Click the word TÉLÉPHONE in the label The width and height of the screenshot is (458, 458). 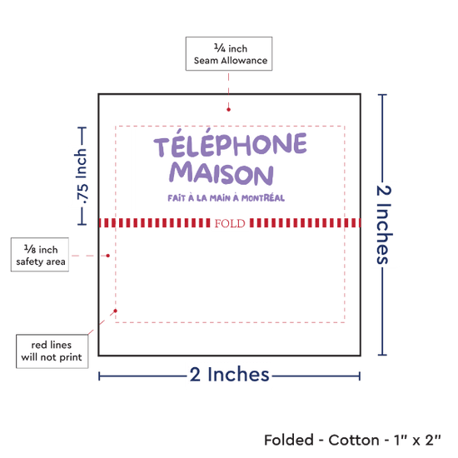230,142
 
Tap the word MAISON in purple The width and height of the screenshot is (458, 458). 222,174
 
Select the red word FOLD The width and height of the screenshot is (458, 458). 230,223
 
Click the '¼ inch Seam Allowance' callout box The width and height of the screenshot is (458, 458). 229,54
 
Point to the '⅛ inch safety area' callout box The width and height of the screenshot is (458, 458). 40,255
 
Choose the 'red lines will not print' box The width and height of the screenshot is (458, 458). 52,351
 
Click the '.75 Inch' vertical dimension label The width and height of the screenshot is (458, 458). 82,177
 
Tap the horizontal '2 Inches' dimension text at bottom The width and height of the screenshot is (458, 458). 229,374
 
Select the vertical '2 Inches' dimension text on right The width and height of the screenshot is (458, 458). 384,225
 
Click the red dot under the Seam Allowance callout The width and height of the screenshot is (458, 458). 228,110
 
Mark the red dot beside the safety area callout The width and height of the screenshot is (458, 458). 107,256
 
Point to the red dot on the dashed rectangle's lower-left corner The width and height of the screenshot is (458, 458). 116,311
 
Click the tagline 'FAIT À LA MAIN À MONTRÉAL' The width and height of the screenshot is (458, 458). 226,197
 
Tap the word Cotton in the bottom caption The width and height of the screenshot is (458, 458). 354,440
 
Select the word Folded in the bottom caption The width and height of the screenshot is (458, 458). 289,440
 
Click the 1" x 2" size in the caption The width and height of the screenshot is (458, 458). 417,440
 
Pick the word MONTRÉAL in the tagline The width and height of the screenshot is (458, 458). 263,197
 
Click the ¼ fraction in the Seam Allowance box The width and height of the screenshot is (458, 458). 220,47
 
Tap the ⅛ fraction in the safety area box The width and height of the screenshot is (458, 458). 30,249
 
